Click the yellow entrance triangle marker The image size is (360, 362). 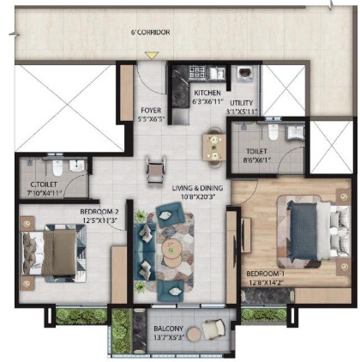click(x=152, y=55)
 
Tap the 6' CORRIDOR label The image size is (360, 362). click(x=150, y=32)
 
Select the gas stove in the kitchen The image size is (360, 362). click(x=197, y=72)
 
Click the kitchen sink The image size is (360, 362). click(x=216, y=73)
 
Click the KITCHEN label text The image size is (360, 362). click(x=207, y=93)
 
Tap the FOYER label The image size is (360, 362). click(x=151, y=110)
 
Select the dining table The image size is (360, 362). click(x=214, y=148)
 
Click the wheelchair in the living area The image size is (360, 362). click(x=155, y=170)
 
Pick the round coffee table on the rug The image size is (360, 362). click(x=171, y=251)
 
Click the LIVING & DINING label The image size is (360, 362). click(x=197, y=188)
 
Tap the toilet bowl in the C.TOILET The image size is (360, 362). click(x=57, y=168)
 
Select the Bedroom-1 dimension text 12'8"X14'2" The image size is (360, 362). click(x=266, y=282)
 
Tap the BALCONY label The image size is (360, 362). click(x=169, y=329)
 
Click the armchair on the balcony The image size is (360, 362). click(x=213, y=329)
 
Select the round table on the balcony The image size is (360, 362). click(x=195, y=334)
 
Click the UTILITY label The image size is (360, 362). click(x=242, y=103)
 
